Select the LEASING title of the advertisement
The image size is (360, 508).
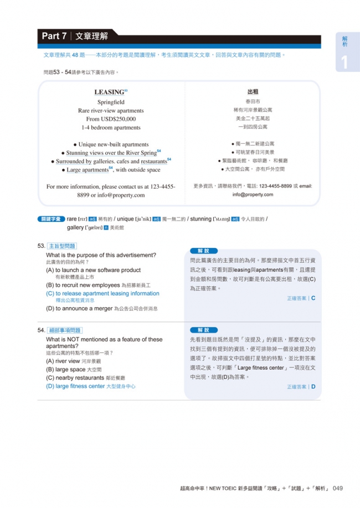(x=109, y=92)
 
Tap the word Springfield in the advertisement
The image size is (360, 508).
(x=111, y=102)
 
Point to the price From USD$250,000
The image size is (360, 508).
(x=111, y=119)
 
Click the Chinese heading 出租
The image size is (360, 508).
(x=253, y=92)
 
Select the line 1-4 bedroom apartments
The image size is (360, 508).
(x=111, y=127)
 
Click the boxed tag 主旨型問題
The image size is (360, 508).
(x=62, y=246)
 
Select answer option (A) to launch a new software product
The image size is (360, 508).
(x=93, y=270)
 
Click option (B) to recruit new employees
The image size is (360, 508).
(x=83, y=285)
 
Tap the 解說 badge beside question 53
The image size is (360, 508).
(x=203, y=251)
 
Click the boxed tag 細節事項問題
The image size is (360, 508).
(x=64, y=330)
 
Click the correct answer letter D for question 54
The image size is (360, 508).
(x=313, y=387)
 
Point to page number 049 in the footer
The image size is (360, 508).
(x=337, y=488)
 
